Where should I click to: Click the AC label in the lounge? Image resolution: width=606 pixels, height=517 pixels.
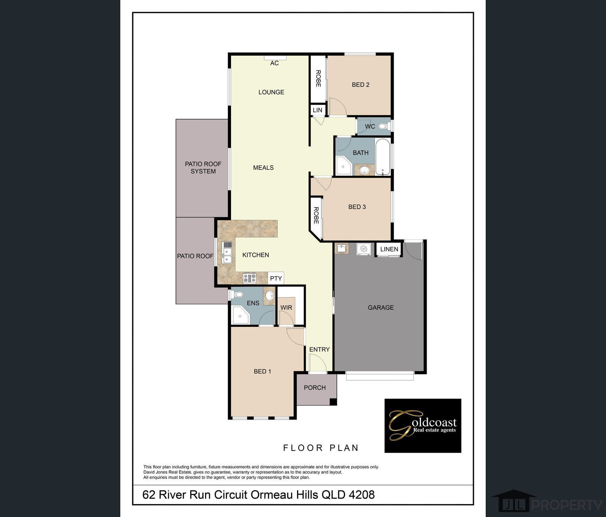(274, 63)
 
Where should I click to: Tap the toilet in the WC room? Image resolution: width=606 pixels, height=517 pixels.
(383, 127)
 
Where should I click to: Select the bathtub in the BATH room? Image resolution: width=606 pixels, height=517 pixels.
(383, 156)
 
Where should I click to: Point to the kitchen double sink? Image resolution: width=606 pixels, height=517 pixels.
(227, 253)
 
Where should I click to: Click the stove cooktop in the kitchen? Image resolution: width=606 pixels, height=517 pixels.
(250, 278)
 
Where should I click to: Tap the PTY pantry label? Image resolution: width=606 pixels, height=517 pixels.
(276, 278)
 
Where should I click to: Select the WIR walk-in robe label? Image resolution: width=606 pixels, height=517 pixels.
(286, 308)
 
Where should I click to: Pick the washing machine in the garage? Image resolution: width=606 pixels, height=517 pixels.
(364, 249)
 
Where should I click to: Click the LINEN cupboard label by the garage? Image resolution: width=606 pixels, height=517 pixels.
(389, 249)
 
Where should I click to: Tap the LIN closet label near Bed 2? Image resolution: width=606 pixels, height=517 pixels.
(317, 110)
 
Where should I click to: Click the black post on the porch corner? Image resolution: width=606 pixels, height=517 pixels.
(333, 401)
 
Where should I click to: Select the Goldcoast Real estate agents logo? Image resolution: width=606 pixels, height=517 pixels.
(423, 426)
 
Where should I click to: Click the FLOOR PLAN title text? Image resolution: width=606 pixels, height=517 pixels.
(321, 448)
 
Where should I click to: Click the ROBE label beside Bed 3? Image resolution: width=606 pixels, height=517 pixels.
(316, 215)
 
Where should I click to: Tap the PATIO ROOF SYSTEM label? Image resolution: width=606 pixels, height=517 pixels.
(203, 168)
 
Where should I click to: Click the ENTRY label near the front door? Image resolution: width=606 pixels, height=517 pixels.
(319, 349)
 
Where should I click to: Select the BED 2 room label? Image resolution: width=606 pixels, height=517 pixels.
(361, 85)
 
